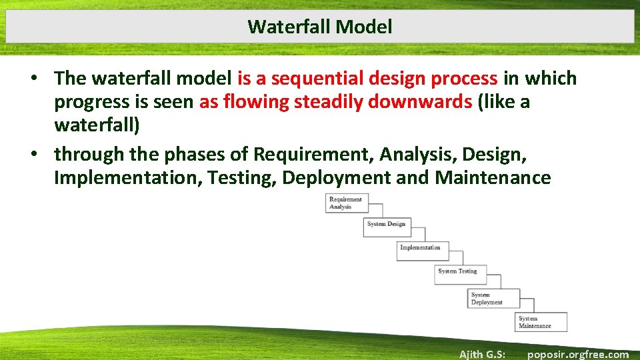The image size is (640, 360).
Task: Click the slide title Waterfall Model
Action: click(319, 27)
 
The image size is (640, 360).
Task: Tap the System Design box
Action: click(386, 225)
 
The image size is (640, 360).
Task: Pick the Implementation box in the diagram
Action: click(420, 248)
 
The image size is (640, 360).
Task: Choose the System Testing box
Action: click(458, 272)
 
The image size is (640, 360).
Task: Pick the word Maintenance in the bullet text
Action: click(493, 178)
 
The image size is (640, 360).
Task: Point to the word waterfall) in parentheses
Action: click(97, 126)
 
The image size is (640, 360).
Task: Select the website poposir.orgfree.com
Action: click(577, 354)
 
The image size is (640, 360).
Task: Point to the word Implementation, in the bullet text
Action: click(128, 178)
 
